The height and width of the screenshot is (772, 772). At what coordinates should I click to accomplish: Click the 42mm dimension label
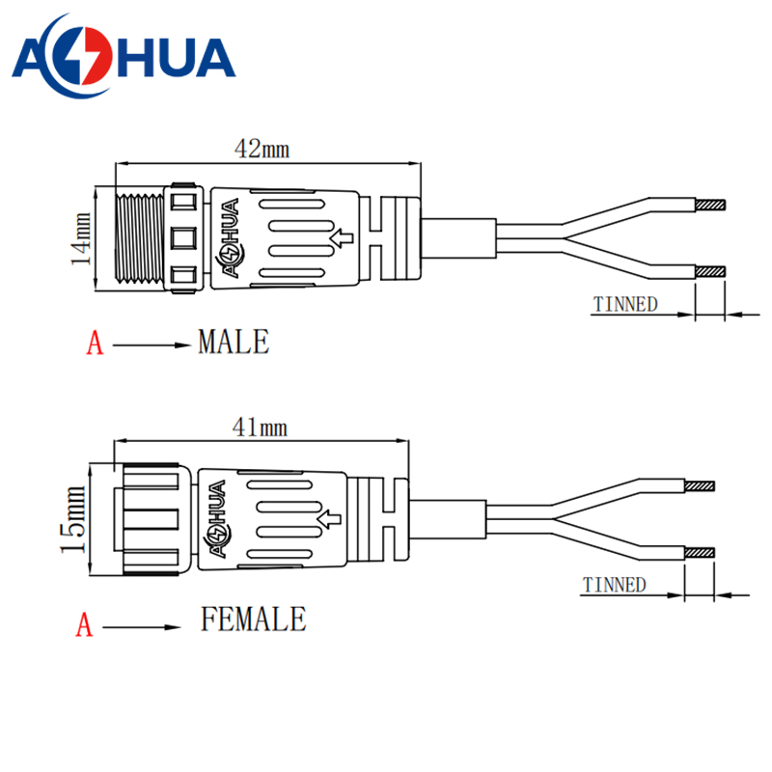pyautogui.click(x=262, y=149)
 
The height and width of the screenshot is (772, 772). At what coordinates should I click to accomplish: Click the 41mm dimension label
pyautogui.click(x=261, y=427)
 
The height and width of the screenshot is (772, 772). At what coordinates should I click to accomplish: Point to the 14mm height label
pyautogui.click(x=83, y=238)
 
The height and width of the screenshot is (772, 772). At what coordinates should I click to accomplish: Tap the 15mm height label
pyautogui.click(x=72, y=520)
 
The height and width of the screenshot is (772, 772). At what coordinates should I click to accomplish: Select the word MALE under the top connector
pyautogui.click(x=233, y=342)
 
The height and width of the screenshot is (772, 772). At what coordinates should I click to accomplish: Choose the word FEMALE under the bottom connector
pyautogui.click(x=253, y=619)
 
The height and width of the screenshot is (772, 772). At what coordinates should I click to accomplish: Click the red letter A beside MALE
pyautogui.click(x=95, y=344)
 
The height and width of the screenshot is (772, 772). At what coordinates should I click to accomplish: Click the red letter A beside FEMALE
pyautogui.click(x=85, y=626)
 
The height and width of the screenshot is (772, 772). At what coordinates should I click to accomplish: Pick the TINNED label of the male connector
pyautogui.click(x=625, y=305)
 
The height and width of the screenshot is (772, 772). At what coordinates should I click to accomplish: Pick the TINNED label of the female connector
pyautogui.click(x=615, y=585)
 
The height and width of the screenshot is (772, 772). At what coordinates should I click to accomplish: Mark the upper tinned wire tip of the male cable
pyautogui.click(x=710, y=205)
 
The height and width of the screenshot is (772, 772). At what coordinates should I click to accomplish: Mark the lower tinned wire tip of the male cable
pyautogui.click(x=710, y=273)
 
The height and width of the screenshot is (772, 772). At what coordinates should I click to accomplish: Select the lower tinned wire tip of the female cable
pyautogui.click(x=701, y=553)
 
